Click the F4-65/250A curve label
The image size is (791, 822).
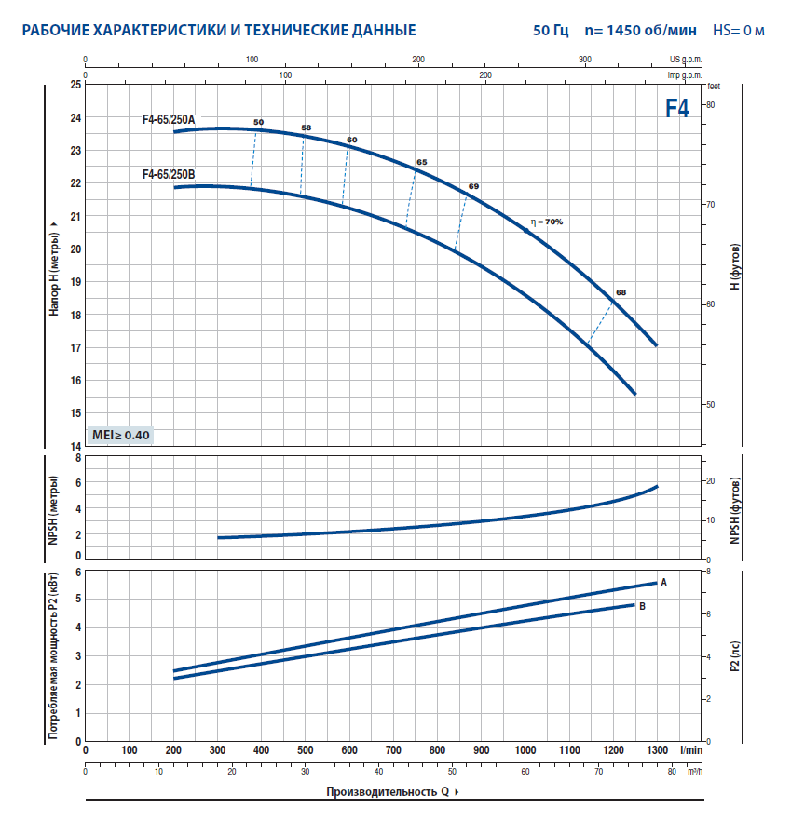click(x=169, y=119)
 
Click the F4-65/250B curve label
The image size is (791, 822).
click(x=169, y=174)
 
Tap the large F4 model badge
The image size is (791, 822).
click(x=677, y=109)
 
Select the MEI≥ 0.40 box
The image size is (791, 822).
click(x=120, y=435)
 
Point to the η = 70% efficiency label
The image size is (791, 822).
click(x=547, y=222)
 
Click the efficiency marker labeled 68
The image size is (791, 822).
click(x=621, y=292)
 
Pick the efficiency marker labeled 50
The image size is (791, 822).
click(x=258, y=123)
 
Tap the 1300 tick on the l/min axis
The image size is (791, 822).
click(x=658, y=749)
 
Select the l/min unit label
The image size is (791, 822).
click(x=690, y=749)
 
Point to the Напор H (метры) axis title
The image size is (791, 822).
click(x=54, y=265)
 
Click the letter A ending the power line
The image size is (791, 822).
click(x=664, y=582)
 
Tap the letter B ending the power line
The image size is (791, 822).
click(x=642, y=606)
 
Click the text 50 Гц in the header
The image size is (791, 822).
click(x=551, y=31)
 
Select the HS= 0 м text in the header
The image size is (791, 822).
click(x=739, y=31)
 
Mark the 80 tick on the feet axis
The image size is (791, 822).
click(x=709, y=104)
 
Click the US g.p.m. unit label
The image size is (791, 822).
click(x=686, y=58)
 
